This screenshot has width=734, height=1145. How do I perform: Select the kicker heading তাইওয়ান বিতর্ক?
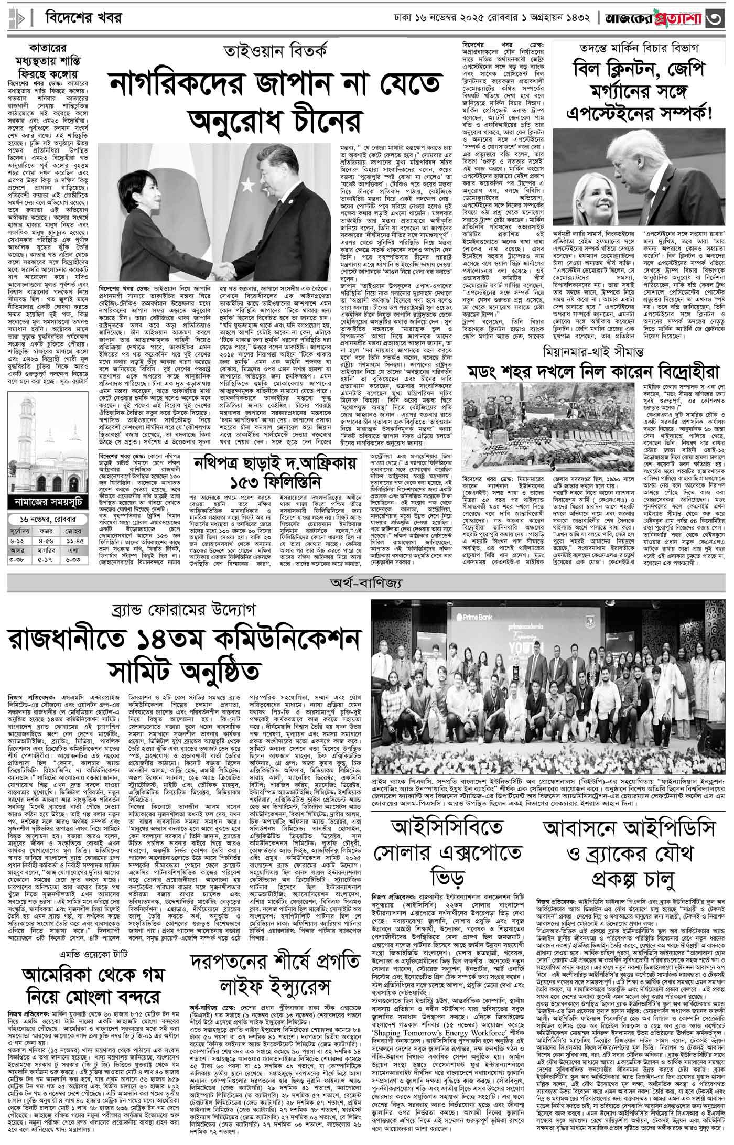coord(275,52)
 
